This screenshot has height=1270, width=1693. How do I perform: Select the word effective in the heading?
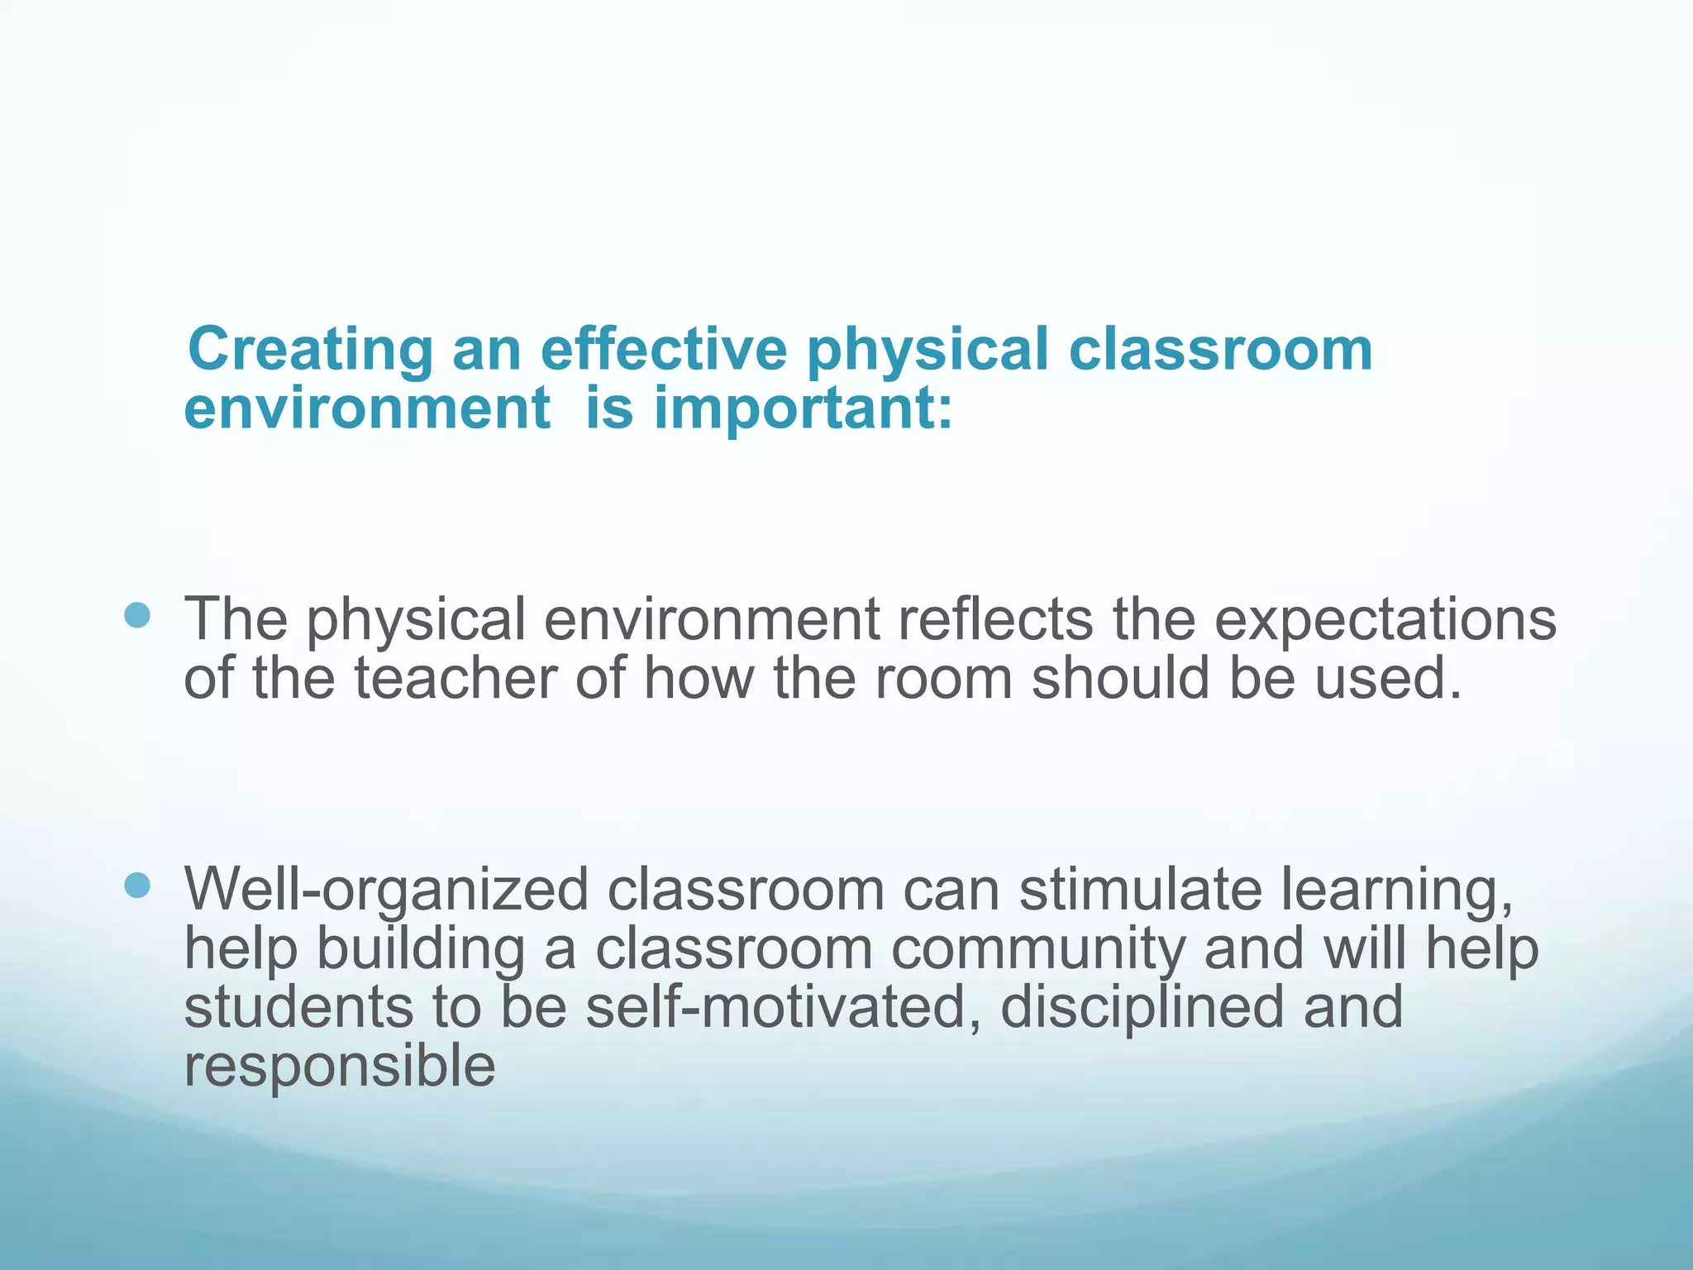coord(664,349)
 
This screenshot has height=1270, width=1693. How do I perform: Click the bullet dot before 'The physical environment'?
coord(137,615)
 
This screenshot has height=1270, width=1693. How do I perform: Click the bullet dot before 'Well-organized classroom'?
coord(137,886)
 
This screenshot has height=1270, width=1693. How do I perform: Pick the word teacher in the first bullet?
coord(455,678)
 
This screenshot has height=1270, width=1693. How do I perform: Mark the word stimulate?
coord(1141,890)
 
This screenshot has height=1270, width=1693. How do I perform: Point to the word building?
coord(421,951)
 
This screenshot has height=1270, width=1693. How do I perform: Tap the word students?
coord(298,1007)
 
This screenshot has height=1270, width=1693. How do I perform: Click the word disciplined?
coord(1142,1009)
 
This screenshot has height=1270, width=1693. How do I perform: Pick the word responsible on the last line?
coord(340,1067)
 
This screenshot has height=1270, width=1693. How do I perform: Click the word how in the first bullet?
coord(699,678)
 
